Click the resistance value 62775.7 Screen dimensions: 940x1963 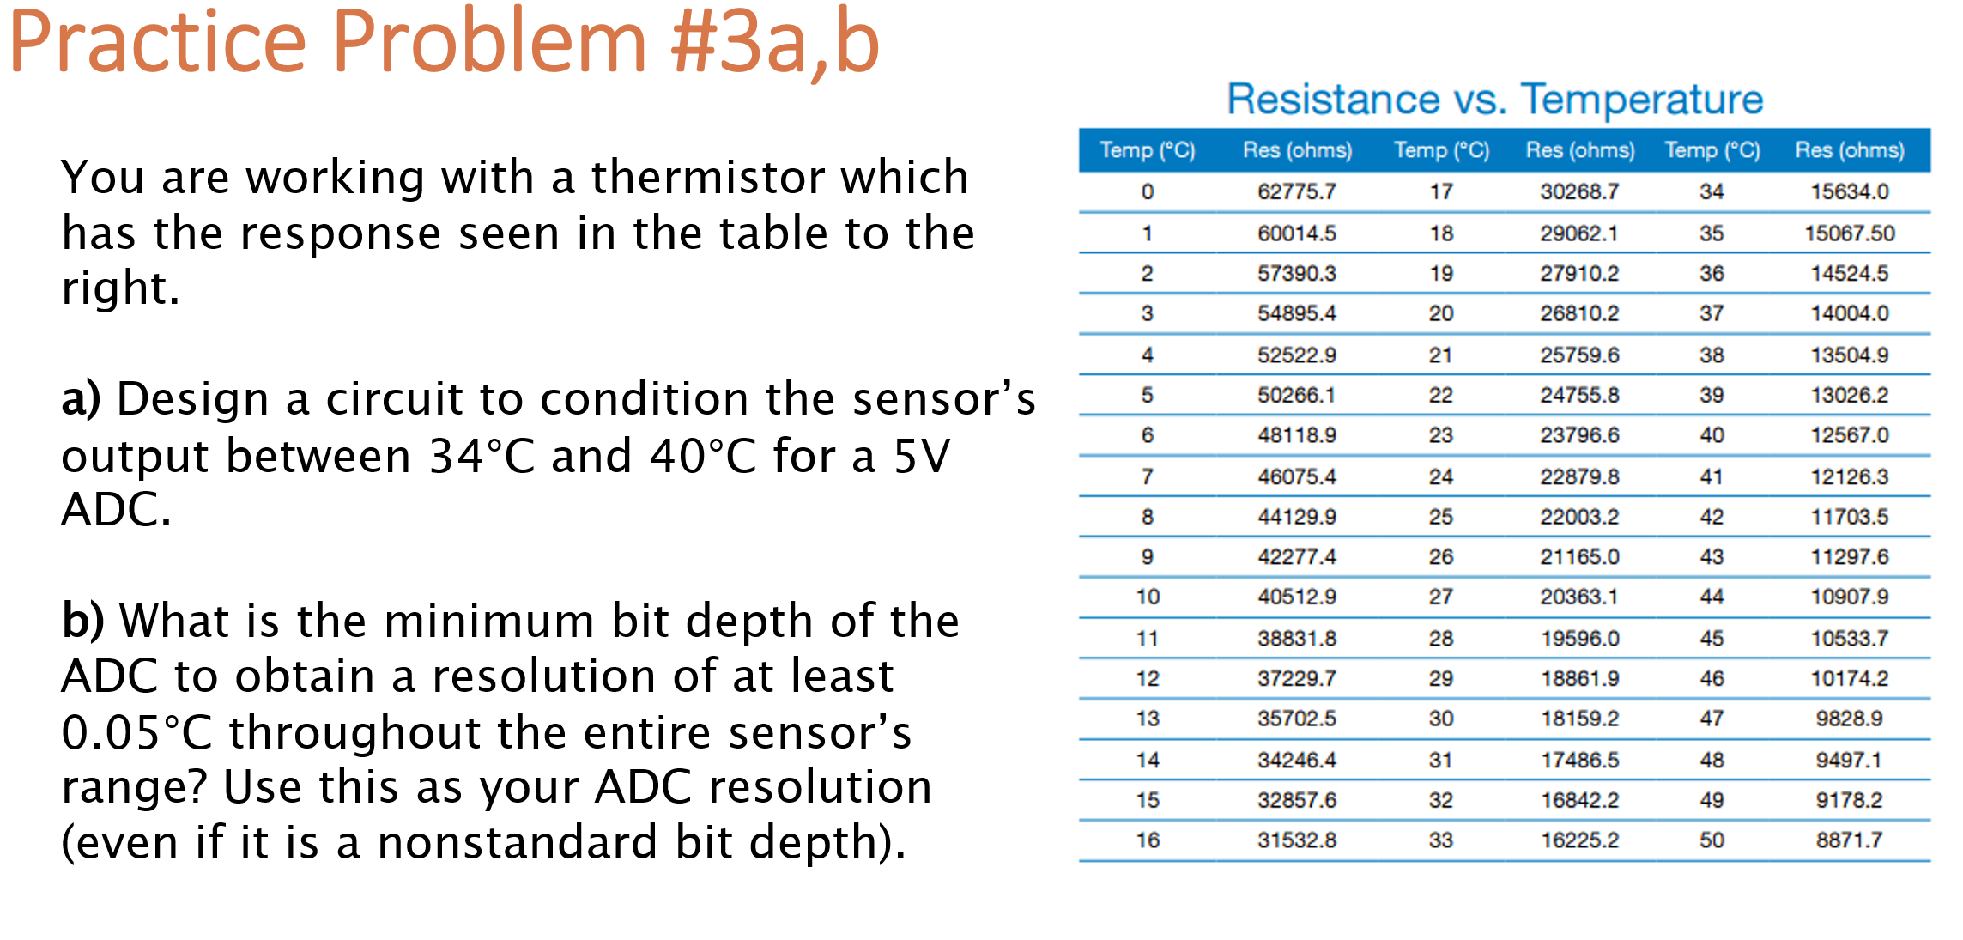(x=1296, y=191)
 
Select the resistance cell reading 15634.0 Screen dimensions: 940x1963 (x=1849, y=191)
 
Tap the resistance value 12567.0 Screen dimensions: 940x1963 (x=1849, y=435)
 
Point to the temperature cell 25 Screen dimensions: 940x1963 (x=1440, y=517)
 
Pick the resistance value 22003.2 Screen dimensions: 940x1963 (x=1578, y=517)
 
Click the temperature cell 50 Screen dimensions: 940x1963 (x=1712, y=840)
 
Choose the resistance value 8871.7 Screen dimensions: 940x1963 (x=1849, y=840)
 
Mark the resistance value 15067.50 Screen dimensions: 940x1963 (x=1849, y=233)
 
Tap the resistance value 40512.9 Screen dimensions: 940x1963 (x=1296, y=597)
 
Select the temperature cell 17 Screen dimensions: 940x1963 (x=1440, y=191)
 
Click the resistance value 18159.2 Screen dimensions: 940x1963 (x=1578, y=719)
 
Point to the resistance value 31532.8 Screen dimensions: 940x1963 (x=1296, y=840)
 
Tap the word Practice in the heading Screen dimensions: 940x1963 (x=157, y=43)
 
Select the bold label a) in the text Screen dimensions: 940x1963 (x=82, y=399)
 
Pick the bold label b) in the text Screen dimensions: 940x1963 (x=82, y=621)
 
